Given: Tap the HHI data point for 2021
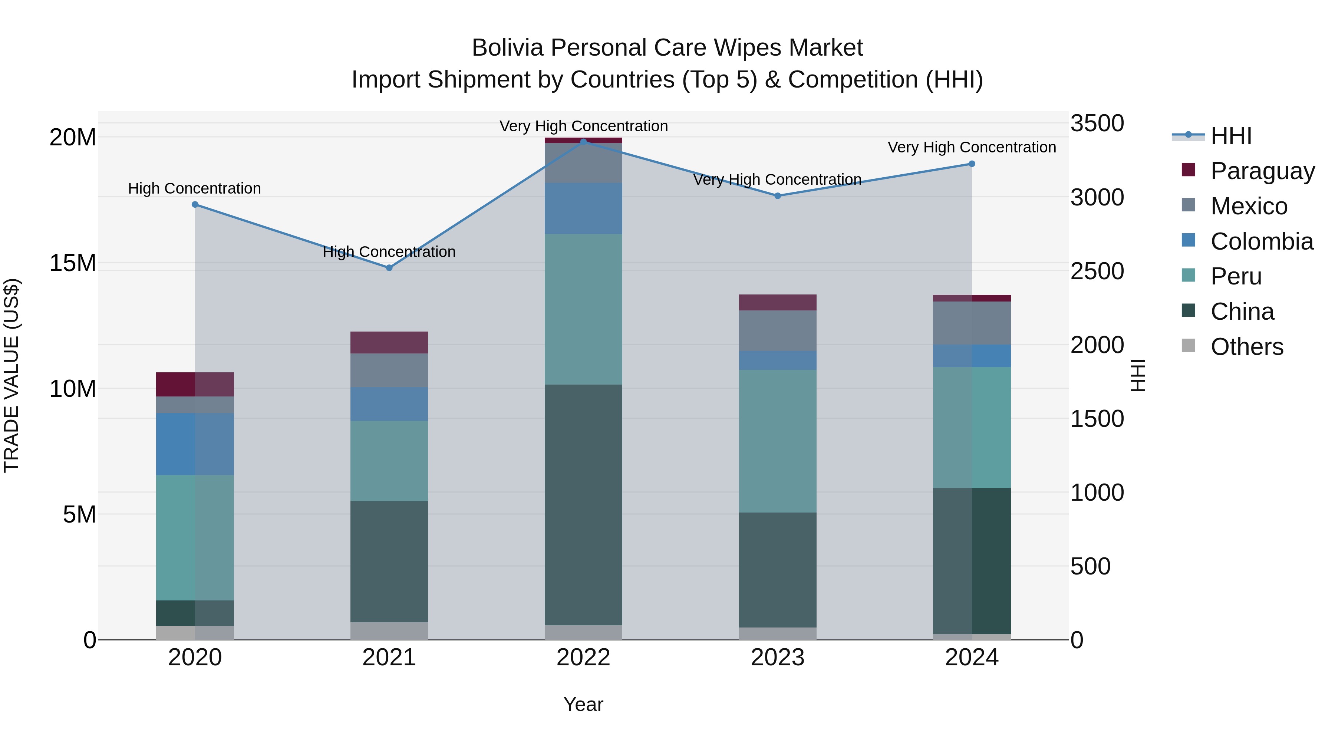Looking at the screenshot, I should click(x=389, y=268).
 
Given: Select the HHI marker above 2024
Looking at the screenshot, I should click(x=972, y=164).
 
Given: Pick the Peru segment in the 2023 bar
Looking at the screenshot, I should click(x=777, y=441).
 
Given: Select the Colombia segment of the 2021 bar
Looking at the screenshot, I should click(x=389, y=404).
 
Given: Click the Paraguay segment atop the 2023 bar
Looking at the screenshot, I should click(x=777, y=302).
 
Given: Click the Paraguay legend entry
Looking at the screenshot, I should click(x=1262, y=171).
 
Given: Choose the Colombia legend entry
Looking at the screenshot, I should click(x=1262, y=241).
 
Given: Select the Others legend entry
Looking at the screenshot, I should click(x=1246, y=346).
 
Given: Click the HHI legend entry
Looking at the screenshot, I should click(x=1231, y=135).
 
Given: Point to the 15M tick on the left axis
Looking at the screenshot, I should click(x=73, y=263).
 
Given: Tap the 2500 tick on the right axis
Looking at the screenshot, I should click(x=1097, y=271).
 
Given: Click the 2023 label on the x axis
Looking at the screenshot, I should click(x=777, y=657).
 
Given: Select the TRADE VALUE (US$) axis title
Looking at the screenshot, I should click(x=11, y=375).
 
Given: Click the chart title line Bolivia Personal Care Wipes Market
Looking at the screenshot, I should click(x=667, y=48).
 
